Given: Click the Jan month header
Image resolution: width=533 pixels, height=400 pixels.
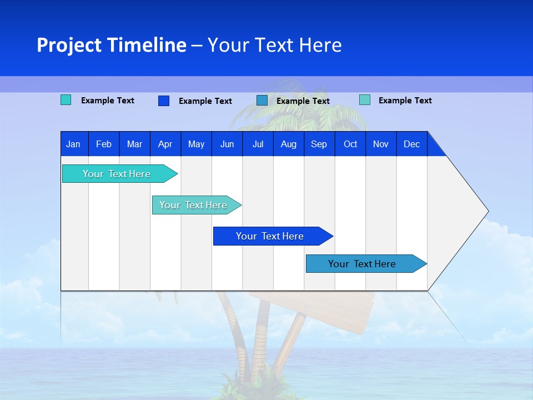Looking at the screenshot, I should pos(73,144).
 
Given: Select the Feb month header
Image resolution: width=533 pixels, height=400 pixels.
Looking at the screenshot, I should pos(104,144).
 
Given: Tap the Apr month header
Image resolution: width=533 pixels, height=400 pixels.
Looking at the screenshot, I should pos(165,144).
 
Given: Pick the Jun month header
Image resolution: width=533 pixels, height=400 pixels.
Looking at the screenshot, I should pos(227,144).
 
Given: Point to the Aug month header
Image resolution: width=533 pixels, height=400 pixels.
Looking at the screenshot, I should pos(288,144).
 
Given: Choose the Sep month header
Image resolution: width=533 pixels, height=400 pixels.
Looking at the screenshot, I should pos(319,144).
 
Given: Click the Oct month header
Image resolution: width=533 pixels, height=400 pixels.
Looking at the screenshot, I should pos(350,144).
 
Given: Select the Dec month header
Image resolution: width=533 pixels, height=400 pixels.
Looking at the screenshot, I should pos(411,144).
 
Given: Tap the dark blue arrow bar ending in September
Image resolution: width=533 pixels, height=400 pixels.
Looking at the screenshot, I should pos(270,236).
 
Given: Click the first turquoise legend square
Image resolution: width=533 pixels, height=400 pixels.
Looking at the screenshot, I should pos(66,100).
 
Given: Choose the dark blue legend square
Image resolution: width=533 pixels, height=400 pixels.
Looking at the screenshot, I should pos(163,101).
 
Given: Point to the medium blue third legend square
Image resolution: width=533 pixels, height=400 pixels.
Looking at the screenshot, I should pos(262,100).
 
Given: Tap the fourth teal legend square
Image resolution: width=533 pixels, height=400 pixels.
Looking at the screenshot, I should pos(364,100).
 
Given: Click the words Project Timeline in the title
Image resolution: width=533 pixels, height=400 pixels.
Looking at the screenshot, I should pos(111,45).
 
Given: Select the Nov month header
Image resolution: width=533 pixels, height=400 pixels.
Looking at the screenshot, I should pos(380,144).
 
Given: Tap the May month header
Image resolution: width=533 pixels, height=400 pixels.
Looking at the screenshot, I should pos(196,144).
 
